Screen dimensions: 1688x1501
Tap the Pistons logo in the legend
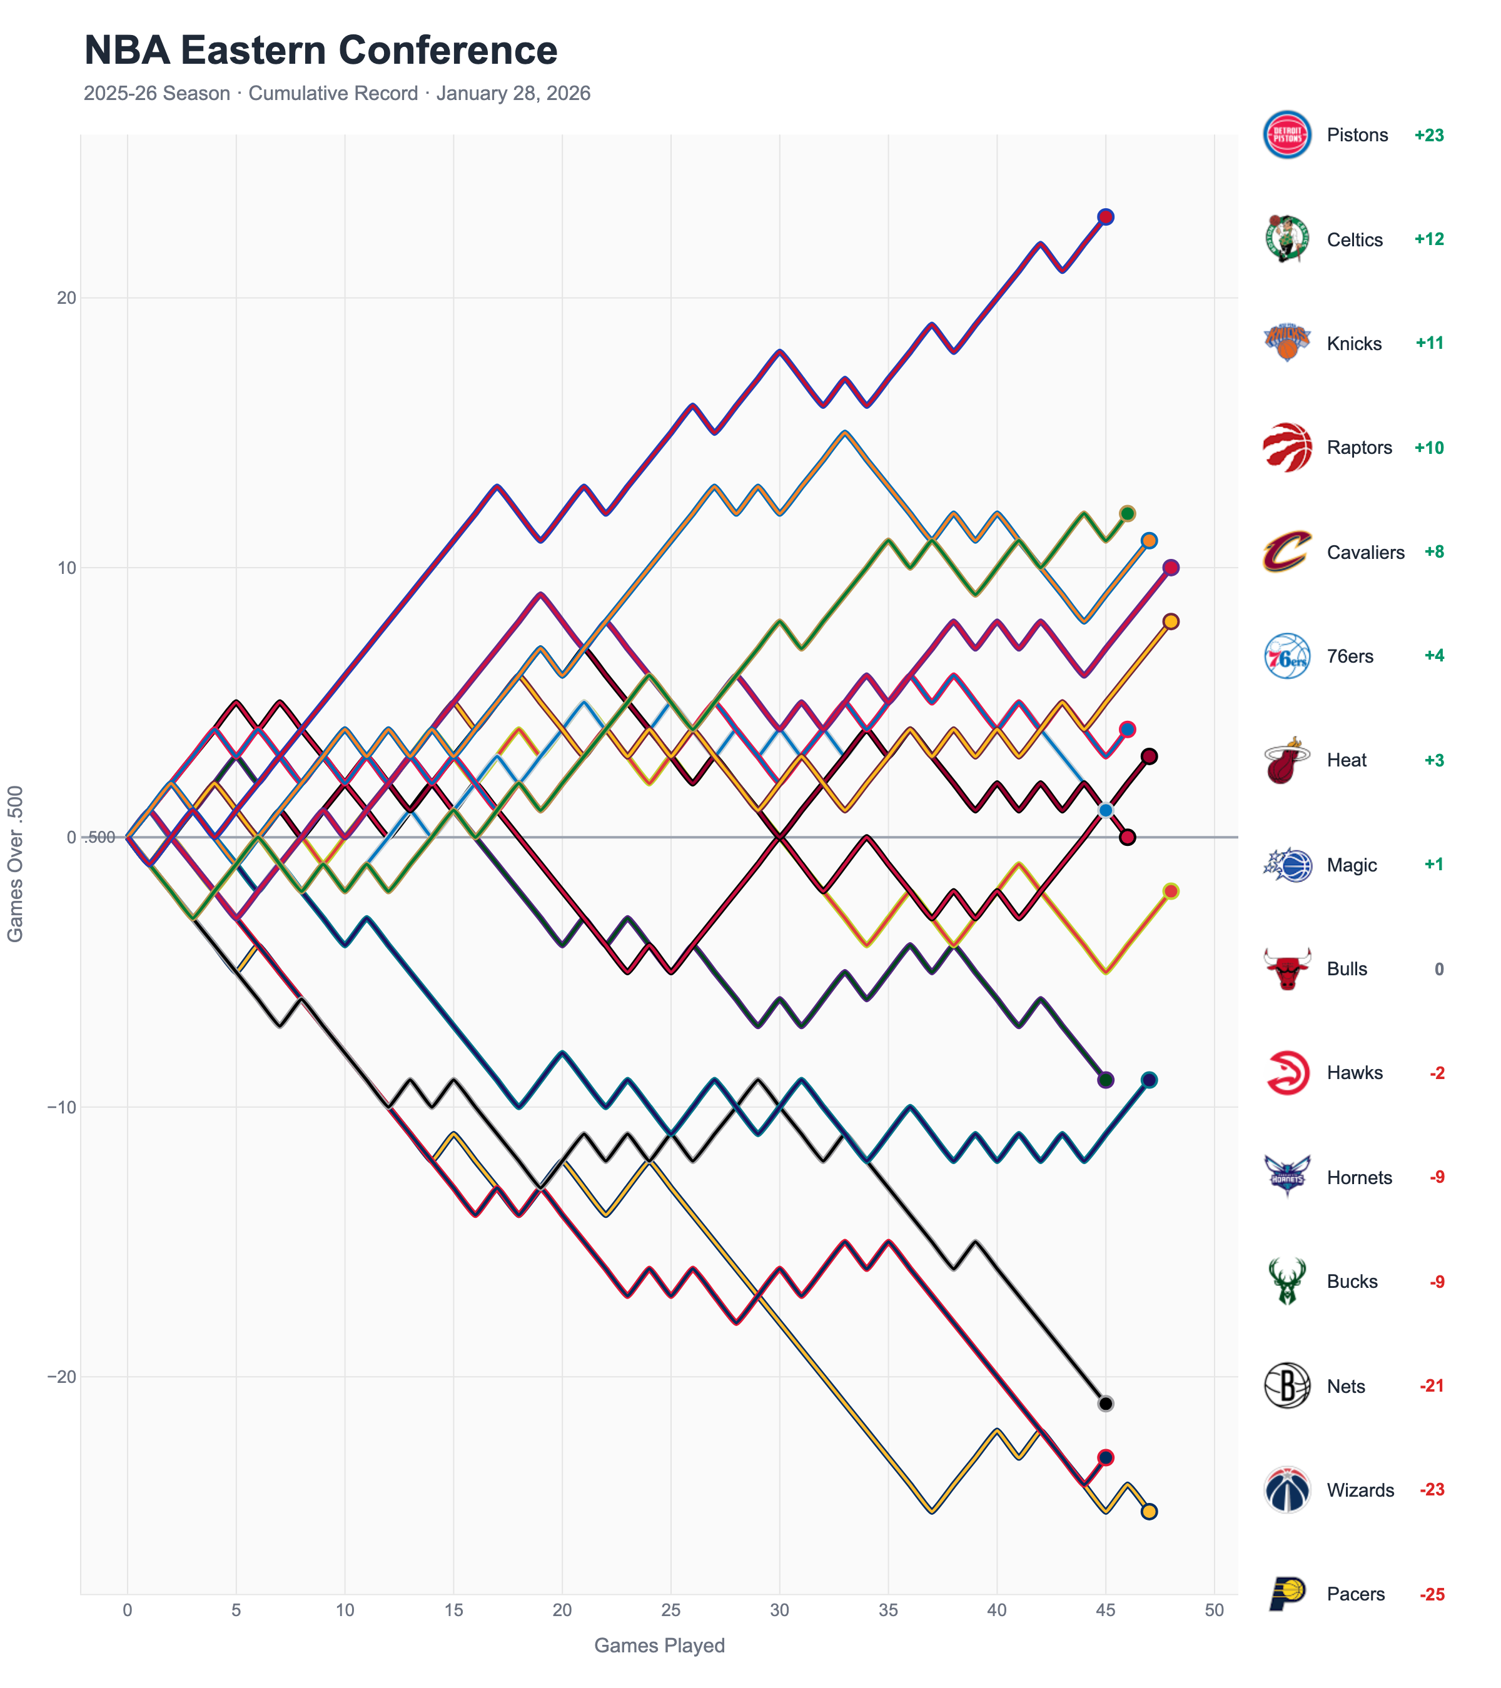1286,134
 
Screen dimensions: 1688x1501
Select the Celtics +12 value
1428,239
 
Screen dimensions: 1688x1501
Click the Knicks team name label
1353,344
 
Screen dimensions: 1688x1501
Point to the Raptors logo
1286,448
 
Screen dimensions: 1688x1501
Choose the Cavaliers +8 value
1433,551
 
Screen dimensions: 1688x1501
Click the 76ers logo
1286,656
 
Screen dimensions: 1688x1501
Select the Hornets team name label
1359,1178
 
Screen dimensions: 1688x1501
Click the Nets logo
1286,1386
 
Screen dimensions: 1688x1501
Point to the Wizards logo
1286,1490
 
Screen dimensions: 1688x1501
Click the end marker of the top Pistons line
1105,217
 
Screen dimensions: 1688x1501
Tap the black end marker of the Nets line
1105,1404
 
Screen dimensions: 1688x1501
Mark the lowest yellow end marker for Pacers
1148,1511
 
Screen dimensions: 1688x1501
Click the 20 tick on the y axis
66,298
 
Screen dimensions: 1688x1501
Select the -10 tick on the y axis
61,1107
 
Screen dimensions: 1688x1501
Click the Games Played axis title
659,1646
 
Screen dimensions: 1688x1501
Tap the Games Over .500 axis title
15,863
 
